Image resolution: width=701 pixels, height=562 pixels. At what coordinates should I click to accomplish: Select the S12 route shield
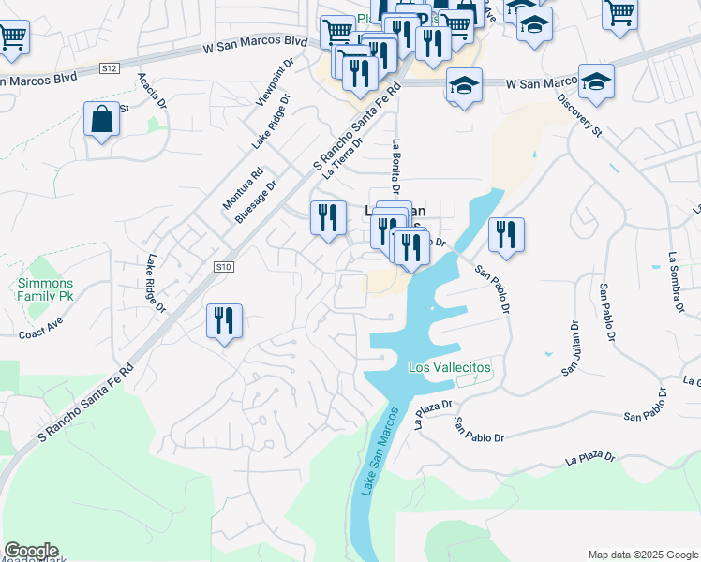pos(111,68)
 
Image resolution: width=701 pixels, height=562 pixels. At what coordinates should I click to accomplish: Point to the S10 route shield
pos(222,267)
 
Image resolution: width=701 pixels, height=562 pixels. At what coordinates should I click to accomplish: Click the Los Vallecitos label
pos(450,368)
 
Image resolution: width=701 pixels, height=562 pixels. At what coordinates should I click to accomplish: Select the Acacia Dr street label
pos(153,91)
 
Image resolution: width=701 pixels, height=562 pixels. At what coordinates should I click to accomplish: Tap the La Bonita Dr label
pos(396,169)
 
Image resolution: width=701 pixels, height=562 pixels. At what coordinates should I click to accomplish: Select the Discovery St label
pos(579,115)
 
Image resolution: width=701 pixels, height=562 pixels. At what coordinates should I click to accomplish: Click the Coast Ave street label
pos(40,332)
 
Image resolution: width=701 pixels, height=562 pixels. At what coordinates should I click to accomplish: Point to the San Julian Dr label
pos(571,348)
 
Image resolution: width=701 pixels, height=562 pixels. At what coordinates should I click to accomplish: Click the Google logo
pos(31,551)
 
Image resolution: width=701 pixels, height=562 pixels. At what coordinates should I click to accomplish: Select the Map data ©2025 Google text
pos(642,555)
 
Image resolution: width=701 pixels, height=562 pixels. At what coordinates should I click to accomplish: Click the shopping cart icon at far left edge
pos(13,37)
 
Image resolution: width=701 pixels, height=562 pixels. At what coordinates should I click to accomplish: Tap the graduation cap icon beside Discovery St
pos(595,81)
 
